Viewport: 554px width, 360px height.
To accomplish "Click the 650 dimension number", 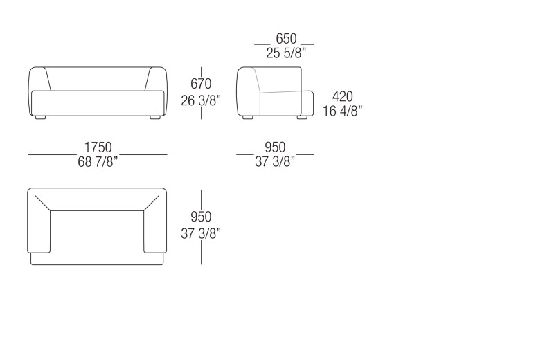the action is (x=286, y=38).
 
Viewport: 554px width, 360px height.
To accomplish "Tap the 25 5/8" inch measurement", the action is (x=286, y=53).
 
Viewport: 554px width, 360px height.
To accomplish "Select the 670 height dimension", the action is (x=201, y=84).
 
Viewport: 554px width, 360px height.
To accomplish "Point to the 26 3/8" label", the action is (x=201, y=100).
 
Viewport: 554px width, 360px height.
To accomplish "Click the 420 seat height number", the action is (x=342, y=96).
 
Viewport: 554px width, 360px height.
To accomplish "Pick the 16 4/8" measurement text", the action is (x=342, y=111).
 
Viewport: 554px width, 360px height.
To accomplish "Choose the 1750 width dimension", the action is (x=98, y=147).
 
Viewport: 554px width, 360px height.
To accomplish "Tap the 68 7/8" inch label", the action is (x=98, y=162).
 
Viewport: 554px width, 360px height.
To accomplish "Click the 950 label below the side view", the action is (x=275, y=147).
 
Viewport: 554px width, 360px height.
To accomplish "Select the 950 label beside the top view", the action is (x=201, y=217).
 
